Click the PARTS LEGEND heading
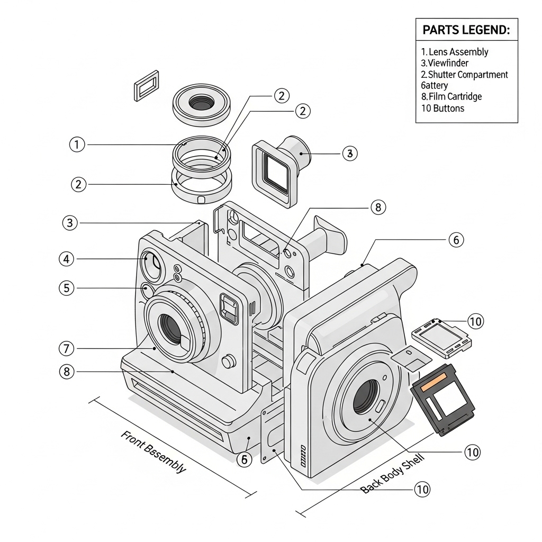click(466, 30)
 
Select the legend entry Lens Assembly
click(455, 52)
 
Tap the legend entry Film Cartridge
click(451, 96)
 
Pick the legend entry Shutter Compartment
click(464, 75)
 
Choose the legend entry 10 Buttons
click(442, 108)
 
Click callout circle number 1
click(77, 144)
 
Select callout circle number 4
click(66, 259)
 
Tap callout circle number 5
click(66, 288)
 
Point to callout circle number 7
click(66, 348)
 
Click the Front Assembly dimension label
click(153, 451)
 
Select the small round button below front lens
click(228, 362)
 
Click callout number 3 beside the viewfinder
click(349, 153)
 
